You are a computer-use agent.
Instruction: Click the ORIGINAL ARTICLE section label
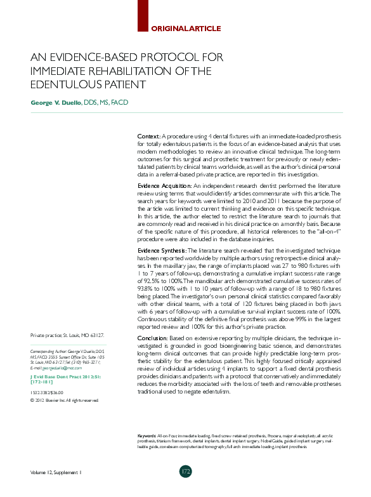(185, 28)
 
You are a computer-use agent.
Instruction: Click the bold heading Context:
(149, 137)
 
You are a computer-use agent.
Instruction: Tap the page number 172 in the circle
(185, 471)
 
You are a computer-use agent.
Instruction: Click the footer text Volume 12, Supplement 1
(56, 472)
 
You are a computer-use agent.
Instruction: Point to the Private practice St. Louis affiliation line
(67, 335)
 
